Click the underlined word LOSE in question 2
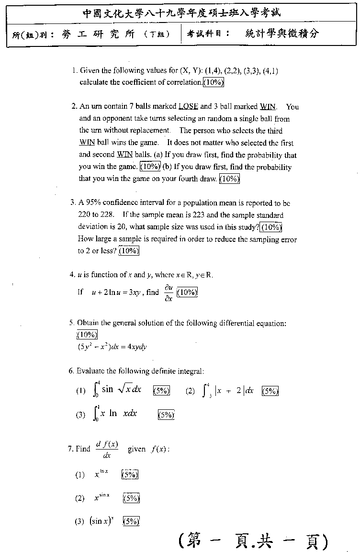pos(188,107)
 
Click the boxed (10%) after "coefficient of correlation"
pos(214,82)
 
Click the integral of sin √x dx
pos(117,390)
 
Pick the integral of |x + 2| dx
pos(228,391)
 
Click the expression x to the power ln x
pos(101,474)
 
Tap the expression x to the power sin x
pos(102,498)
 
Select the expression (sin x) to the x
pos(102,521)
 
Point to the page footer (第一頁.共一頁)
pos(253,541)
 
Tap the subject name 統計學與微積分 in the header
pos(281,34)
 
